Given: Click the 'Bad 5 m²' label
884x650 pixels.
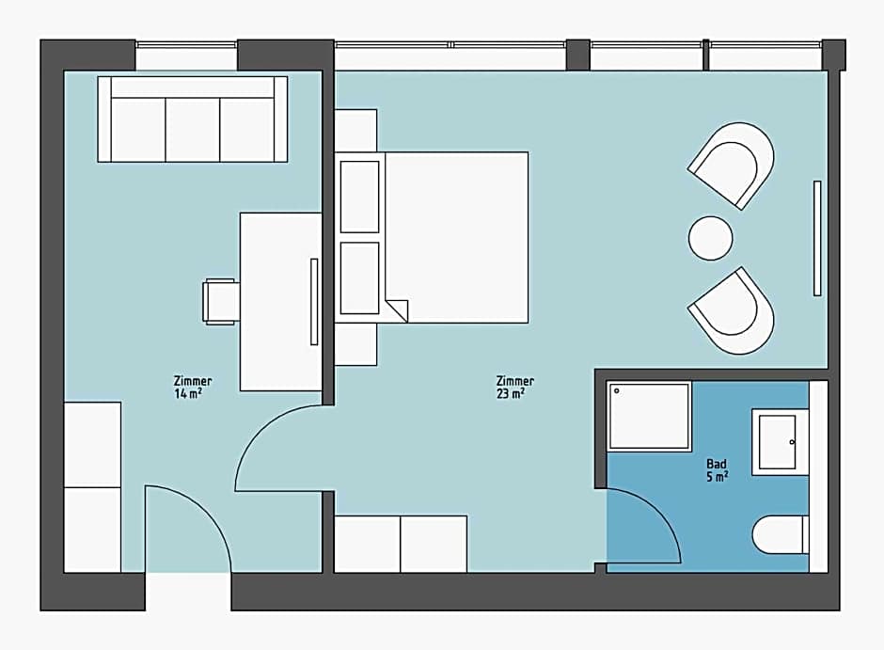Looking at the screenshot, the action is coord(717,470).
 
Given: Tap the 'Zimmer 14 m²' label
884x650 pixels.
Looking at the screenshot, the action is coord(192,388).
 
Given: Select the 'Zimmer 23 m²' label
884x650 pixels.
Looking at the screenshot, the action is coord(514,388).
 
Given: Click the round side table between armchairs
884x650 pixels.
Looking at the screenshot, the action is coord(710,239).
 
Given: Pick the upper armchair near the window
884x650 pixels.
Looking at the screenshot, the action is coord(733,164).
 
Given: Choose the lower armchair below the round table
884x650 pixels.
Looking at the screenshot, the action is coord(733,311).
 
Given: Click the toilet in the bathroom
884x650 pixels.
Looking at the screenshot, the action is coord(781,534).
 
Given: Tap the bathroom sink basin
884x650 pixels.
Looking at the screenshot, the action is coord(777,442).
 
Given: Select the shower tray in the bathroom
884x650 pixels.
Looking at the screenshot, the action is coord(649,416).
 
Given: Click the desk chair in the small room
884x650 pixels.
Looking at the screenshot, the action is coord(221,302).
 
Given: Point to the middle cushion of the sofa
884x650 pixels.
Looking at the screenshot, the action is coord(192,129).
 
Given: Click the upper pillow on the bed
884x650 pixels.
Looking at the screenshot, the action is coord(359,197).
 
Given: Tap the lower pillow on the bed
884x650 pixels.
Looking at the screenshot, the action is coord(359,277).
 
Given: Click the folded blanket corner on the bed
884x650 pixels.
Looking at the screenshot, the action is coord(397,309).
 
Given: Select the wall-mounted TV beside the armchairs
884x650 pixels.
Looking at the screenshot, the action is coord(817,239).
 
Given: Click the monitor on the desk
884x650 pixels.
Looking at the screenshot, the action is coord(314,302).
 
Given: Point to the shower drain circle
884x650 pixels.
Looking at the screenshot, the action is coord(617,390).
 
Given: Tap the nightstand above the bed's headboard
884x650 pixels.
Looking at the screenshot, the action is coord(355,130).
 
